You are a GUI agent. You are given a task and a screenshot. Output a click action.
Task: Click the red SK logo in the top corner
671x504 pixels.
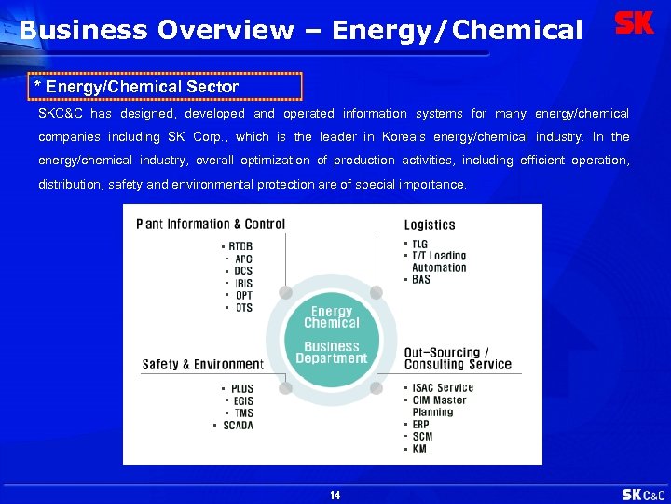(635, 23)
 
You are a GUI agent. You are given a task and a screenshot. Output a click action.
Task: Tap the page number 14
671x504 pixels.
(335, 495)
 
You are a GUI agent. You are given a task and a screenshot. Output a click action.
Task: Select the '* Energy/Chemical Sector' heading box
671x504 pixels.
(166, 87)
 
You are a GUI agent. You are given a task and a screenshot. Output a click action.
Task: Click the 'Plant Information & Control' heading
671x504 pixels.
(211, 224)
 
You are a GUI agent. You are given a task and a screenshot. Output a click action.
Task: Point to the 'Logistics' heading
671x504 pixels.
(430, 225)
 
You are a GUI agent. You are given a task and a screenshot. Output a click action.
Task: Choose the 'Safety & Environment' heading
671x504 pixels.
(202, 364)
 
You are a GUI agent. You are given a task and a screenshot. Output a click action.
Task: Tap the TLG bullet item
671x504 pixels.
(419, 244)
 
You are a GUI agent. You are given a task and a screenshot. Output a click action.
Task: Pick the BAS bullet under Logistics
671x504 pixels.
(420, 280)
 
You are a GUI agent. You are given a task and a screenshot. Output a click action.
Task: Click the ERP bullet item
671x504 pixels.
(421, 424)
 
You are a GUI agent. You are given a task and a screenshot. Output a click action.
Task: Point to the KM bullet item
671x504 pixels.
(419, 449)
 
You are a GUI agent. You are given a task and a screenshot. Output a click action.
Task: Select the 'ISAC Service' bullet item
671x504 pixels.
(442, 388)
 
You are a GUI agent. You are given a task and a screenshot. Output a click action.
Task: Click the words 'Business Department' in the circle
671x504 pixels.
(332, 352)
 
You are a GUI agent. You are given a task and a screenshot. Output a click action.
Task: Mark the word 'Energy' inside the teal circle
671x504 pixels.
(332, 312)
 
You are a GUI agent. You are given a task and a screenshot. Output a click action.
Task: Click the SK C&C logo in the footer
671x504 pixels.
(643, 494)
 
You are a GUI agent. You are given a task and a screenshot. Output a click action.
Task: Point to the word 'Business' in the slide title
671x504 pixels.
(84, 30)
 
